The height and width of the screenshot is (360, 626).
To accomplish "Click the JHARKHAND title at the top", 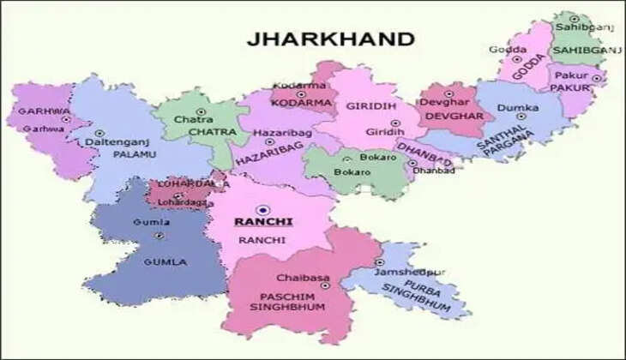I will [330, 39].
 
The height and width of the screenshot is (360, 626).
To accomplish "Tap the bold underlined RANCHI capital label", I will [263, 221].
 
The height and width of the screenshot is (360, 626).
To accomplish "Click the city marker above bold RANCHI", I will [263, 207].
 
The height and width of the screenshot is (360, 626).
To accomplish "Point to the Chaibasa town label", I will [298, 279].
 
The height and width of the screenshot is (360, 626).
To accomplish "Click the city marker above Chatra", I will [201, 111].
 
